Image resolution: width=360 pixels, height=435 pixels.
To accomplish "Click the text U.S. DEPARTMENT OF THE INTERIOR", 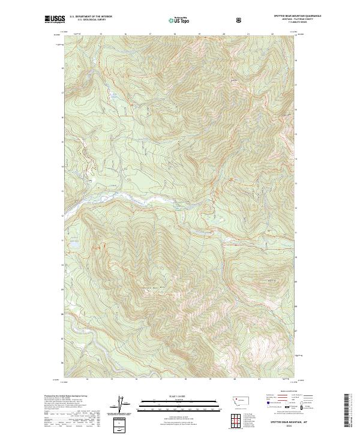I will [x=91, y=17].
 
